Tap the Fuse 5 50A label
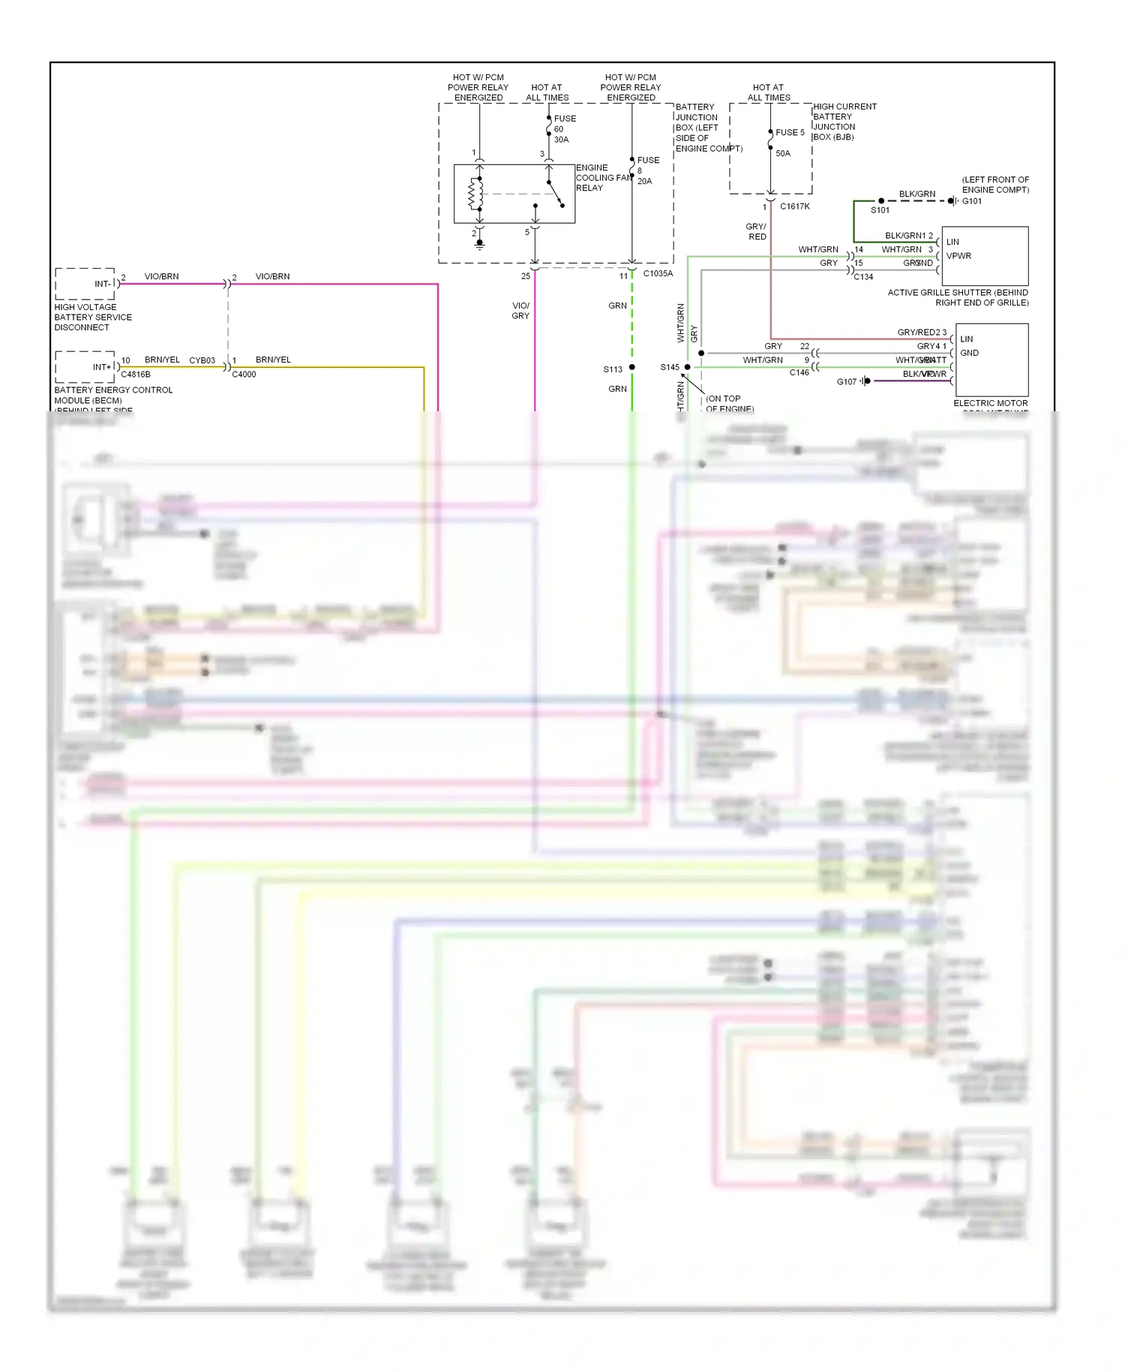pos(788,142)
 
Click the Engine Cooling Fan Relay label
pos(603,178)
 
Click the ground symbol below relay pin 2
pos(480,243)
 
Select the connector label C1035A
pos(658,274)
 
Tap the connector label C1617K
pos(794,206)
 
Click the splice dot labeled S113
pos(632,367)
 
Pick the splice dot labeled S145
pos(687,367)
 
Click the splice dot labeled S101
pos(881,200)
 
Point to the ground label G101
pos(972,201)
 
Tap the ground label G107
pos(846,382)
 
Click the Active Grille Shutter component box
pos(985,256)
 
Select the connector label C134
pos(863,277)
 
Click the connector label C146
pos(799,373)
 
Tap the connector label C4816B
pos(136,375)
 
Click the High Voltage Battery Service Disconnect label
pos(93,317)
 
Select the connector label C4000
pos(244,375)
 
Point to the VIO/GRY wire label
pos(520,311)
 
